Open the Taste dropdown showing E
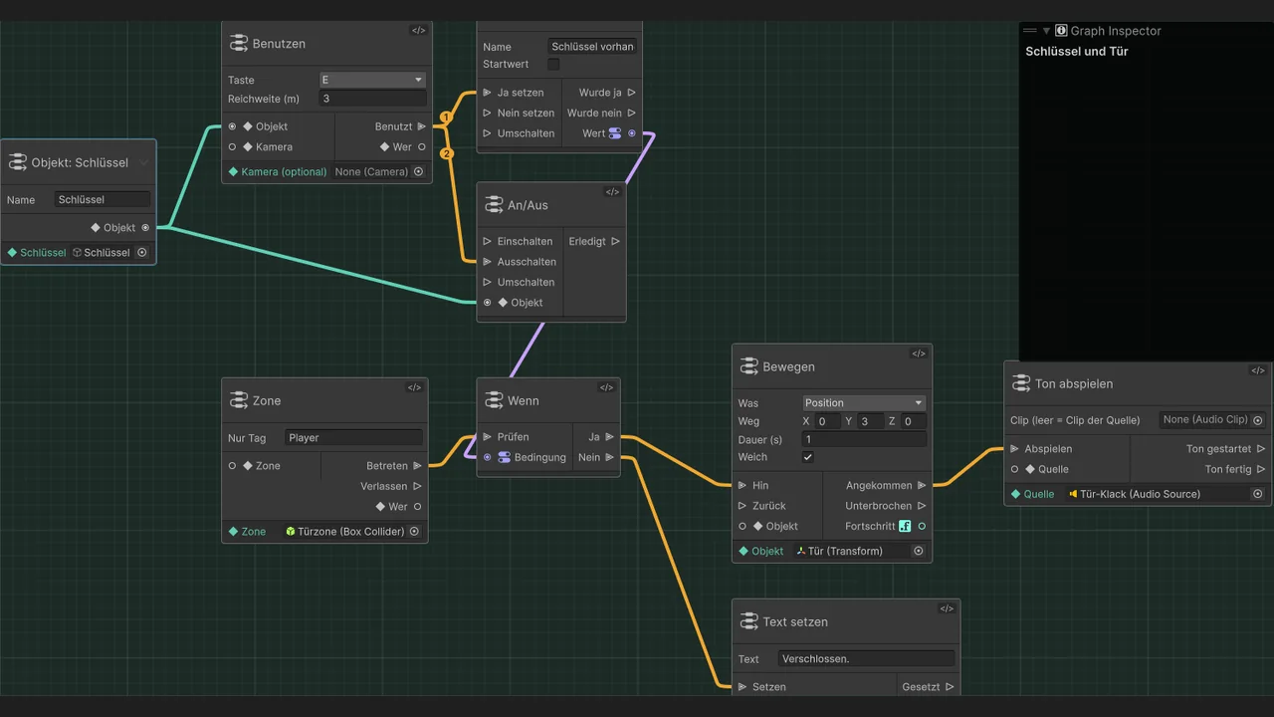coord(372,80)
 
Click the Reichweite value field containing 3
coord(372,99)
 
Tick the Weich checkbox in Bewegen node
coord(807,457)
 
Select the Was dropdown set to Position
coord(864,403)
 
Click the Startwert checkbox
coord(553,65)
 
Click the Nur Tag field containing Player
coord(353,437)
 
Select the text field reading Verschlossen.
coord(866,659)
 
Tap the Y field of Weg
coord(870,421)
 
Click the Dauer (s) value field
coord(864,439)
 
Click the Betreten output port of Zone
coord(417,465)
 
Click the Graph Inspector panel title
coord(1116,31)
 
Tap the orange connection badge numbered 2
coord(447,153)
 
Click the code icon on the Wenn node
coord(606,387)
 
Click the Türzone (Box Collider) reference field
coord(346,532)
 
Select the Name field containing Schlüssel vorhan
coord(592,47)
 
